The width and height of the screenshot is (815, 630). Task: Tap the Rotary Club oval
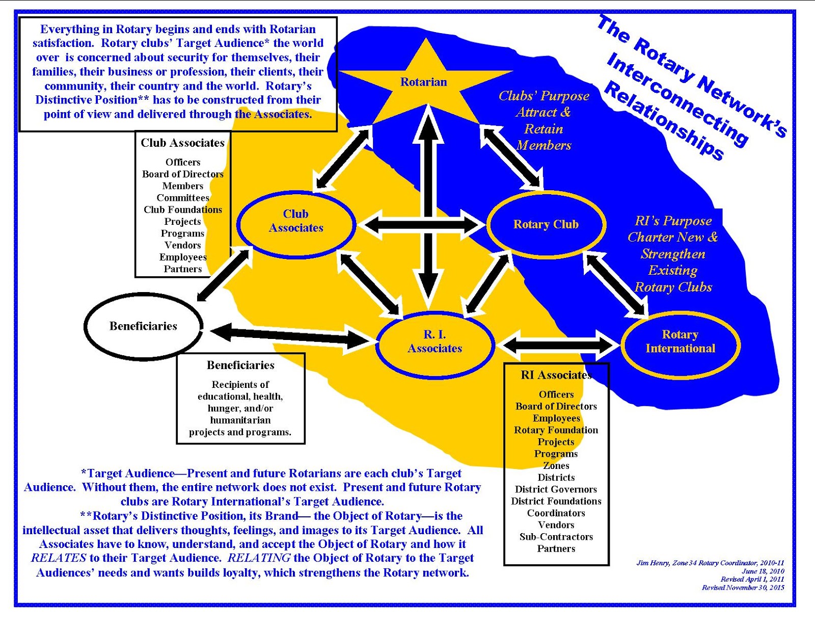(546, 224)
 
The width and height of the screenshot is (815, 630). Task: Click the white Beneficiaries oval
(143, 326)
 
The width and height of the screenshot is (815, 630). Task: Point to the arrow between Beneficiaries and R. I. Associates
(289, 336)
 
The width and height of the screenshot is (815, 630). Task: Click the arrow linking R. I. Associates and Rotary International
(558, 345)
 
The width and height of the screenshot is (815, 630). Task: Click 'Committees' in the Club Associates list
(183, 198)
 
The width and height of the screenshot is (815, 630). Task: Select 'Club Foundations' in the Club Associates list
(183, 209)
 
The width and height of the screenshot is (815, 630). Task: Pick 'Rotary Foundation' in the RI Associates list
(556, 430)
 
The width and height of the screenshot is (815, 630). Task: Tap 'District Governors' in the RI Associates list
(556, 489)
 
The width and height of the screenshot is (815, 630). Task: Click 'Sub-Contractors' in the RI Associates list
(556, 537)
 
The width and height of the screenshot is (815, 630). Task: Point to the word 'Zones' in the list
(556, 466)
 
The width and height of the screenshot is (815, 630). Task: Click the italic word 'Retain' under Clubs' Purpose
(544, 129)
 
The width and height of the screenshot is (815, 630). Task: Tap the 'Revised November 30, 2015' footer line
(743, 588)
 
